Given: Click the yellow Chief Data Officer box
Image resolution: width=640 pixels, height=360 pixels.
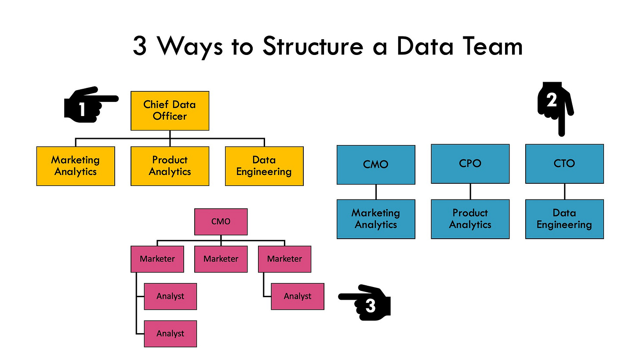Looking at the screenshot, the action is [170, 111].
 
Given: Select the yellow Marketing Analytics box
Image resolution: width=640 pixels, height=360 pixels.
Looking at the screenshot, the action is [76, 166].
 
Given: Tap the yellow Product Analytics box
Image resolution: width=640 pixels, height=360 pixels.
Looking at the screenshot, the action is [170, 166].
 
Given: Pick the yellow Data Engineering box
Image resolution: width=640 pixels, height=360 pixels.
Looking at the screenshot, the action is [264, 166].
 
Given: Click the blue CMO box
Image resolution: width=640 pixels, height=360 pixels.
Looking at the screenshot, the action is [376, 165].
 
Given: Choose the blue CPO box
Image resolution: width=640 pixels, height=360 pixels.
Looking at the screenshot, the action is [470, 164].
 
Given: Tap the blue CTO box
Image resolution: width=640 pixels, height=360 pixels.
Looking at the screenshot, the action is [564, 164].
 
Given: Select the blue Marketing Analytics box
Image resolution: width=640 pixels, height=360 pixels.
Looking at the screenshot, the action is [376, 219].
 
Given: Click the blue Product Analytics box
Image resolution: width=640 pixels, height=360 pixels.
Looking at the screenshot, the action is [470, 219].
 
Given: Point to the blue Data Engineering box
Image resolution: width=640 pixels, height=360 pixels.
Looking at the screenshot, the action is [564, 219].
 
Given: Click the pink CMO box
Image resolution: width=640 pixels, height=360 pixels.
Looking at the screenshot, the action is [221, 222].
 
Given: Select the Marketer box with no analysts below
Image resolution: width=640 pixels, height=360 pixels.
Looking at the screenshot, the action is [221, 259].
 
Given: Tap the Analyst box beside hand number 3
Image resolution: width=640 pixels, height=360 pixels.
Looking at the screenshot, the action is [298, 296].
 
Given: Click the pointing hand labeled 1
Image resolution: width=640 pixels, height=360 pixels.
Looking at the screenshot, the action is [88, 105].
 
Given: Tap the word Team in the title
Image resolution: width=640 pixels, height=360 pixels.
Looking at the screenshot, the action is [491, 47].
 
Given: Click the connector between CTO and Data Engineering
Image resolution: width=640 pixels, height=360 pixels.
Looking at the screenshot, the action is [564, 191].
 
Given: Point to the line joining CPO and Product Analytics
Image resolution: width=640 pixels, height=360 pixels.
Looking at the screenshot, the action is [470, 191].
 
